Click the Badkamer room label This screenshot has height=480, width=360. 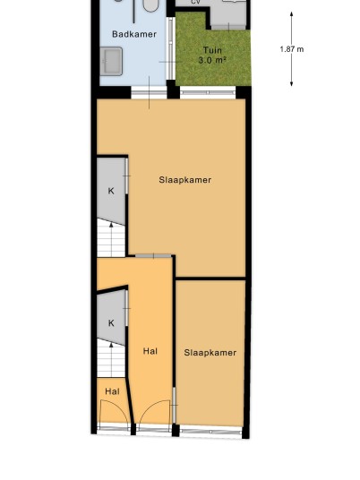[134, 34]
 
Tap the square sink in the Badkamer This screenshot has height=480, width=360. [111, 61]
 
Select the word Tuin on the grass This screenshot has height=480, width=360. [212, 50]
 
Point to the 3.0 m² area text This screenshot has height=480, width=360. [212, 60]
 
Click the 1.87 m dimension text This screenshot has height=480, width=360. [292, 49]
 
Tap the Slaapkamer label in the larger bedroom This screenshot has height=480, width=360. [184, 180]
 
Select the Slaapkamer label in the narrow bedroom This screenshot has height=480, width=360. [210, 353]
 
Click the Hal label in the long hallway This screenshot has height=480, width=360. [150, 351]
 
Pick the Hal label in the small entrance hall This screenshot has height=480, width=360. [112, 391]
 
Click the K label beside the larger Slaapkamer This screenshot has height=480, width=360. [111, 191]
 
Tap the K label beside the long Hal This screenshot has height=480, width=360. [111, 323]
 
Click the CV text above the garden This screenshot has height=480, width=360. [195, 2]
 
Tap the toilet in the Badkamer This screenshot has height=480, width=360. [151, 5]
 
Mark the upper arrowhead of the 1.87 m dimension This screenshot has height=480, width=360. [291, 13]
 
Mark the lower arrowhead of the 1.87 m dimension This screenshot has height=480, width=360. [291, 83]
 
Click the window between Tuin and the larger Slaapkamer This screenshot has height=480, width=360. [208, 92]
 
